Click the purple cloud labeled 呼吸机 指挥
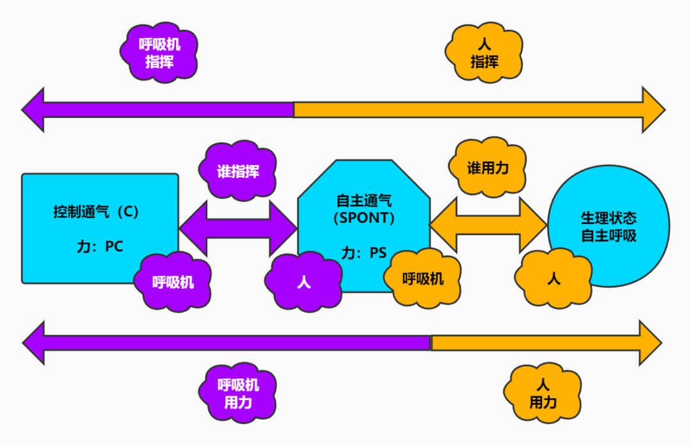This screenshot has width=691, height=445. click(x=159, y=53)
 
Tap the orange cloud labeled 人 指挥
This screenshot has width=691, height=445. click(x=484, y=53)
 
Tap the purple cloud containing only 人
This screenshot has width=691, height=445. click(x=303, y=282)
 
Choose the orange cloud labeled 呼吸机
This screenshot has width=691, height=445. click(x=422, y=279)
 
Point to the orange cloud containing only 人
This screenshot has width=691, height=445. click(x=554, y=279)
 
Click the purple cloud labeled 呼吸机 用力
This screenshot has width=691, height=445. click(x=238, y=393)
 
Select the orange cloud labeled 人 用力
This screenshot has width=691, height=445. click(x=543, y=393)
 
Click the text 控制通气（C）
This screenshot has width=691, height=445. click(x=96, y=211)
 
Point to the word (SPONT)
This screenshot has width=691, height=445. click(x=363, y=218)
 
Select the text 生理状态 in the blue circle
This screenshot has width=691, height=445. click(x=608, y=218)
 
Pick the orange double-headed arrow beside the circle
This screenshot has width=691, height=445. click(x=488, y=225)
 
